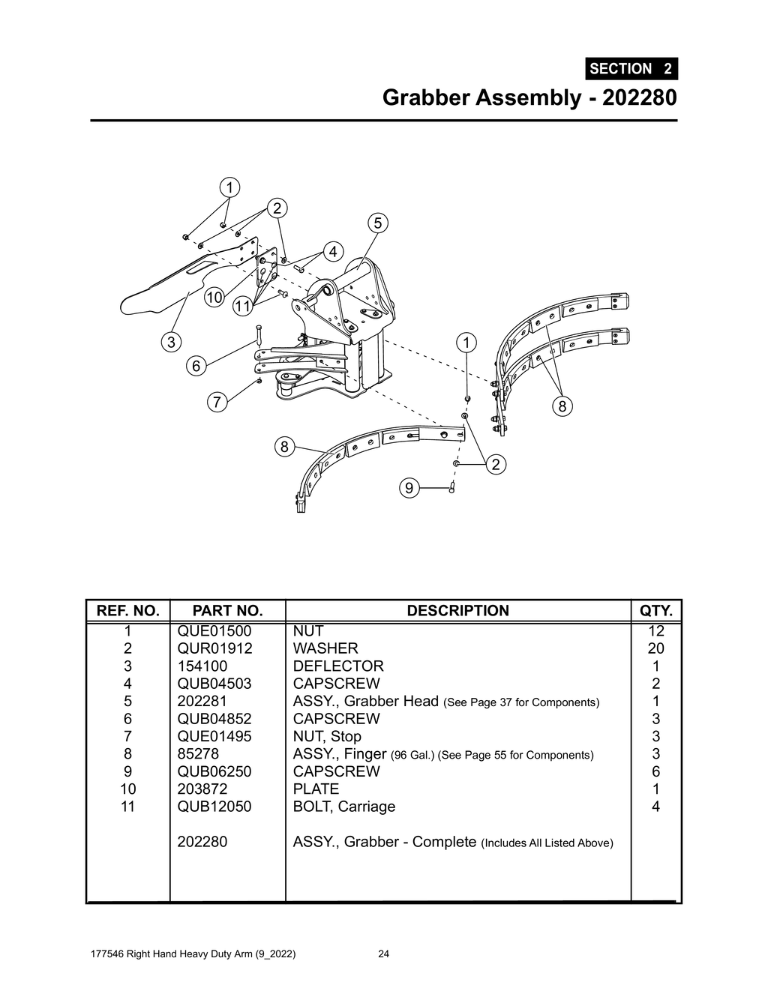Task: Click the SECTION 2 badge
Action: pyautogui.click(x=631, y=69)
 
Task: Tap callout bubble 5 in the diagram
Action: pyautogui.click(x=377, y=223)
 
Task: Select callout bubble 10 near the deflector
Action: pyautogui.click(x=214, y=298)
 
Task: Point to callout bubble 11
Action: pyautogui.click(x=241, y=306)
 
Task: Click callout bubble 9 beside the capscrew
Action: pyautogui.click(x=409, y=489)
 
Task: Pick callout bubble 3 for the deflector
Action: pyautogui.click(x=172, y=343)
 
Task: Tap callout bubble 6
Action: pyautogui.click(x=196, y=366)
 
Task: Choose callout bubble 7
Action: pyautogui.click(x=217, y=403)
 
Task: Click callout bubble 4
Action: pyautogui.click(x=333, y=251)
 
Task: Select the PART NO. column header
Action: pyautogui.click(x=227, y=611)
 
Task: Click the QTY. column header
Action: pyautogui.click(x=655, y=611)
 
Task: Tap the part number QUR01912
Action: pyautogui.click(x=214, y=648)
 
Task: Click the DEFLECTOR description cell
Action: pyautogui.click(x=338, y=666)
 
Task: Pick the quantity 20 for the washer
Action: pyautogui.click(x=655, y=648)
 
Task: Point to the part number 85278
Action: pyautogui.click(x=198, y=754)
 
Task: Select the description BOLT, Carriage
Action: pyautogui.click(x=343, y=807)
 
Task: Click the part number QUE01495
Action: pyautogui.click(x=214, y=736)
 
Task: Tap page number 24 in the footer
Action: pyautogui.click(x=383, y=954)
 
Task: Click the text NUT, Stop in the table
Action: pyautogui.click(x=327, y=736)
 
